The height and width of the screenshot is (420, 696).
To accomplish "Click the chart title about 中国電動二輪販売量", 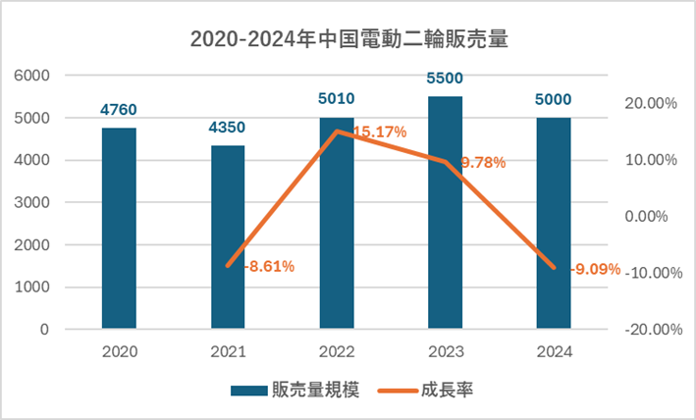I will [x=348, y=40].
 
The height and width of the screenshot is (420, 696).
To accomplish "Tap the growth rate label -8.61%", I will [x=266, y=266].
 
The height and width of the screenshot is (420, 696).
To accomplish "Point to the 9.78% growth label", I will [x=481, y=163].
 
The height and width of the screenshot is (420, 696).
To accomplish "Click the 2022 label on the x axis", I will [x=337, y=350].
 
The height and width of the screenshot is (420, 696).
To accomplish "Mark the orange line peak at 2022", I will [x=337, y=131].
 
